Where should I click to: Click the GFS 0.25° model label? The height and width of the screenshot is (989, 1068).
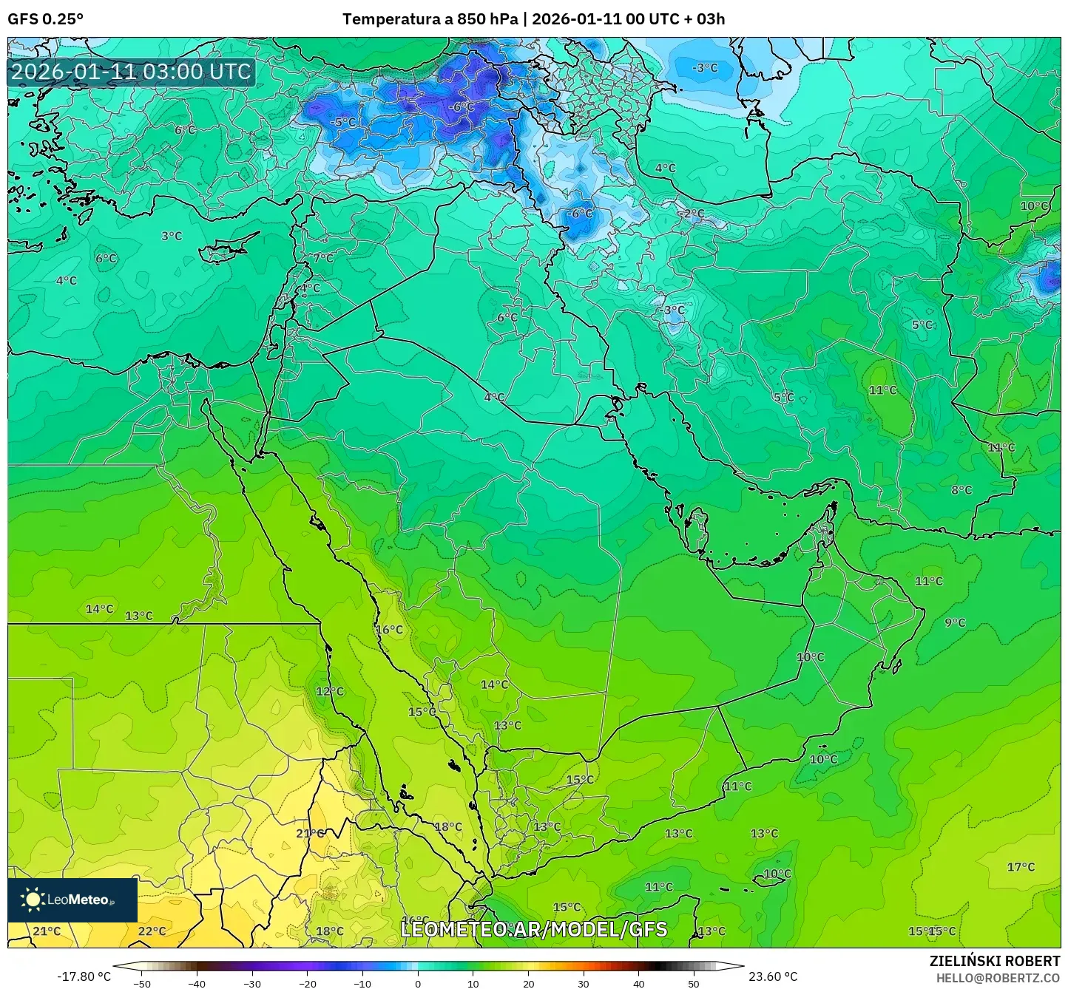pyautogui.click(x=45, y=19)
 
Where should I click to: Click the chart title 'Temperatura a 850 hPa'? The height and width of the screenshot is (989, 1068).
pyautogui.click(x=430, y=19)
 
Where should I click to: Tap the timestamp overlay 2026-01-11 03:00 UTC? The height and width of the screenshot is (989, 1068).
pyautogui.click(x=131, y=72)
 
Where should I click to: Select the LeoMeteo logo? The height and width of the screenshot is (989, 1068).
pyautogui.click(x=72, y=900)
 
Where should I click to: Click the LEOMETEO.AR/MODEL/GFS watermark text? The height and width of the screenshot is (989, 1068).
pyautogui.click(x=533, y=929)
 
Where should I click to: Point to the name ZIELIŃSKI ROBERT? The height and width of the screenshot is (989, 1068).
pyautogui.click(x=994, y=961)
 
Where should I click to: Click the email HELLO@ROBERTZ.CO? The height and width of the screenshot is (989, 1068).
pyautogui.click(x=998, y=977)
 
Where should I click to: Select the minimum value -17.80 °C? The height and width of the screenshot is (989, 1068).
pyautogui.click(x=84, y=976)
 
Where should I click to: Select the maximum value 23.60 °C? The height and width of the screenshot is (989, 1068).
pyautogui.click(x=773, y=976)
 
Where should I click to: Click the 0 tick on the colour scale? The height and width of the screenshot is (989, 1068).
pyautogui.click(x=418, y=983)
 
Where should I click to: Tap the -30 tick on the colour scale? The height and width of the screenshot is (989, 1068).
pyautogui.click(x=252, y=983)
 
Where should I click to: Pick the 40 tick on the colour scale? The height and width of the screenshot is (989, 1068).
pyautogui.click(x=638, y=983)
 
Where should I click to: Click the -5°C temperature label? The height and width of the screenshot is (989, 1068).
pyautogui.click(x=342, y=122)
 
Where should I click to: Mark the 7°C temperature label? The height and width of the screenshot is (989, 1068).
pyautogui.click(x=323, y=258)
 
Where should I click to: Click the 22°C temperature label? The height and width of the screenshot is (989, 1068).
pyautogui.click(x=152, y=931)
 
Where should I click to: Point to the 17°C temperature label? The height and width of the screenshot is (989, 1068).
pyautogui.click(x=1021, y=866)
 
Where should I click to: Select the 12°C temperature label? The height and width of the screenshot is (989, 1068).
pyautogui.click(x=330, y=691)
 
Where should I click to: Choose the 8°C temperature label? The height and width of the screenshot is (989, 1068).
pyautogui.click(x=961, y=489)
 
